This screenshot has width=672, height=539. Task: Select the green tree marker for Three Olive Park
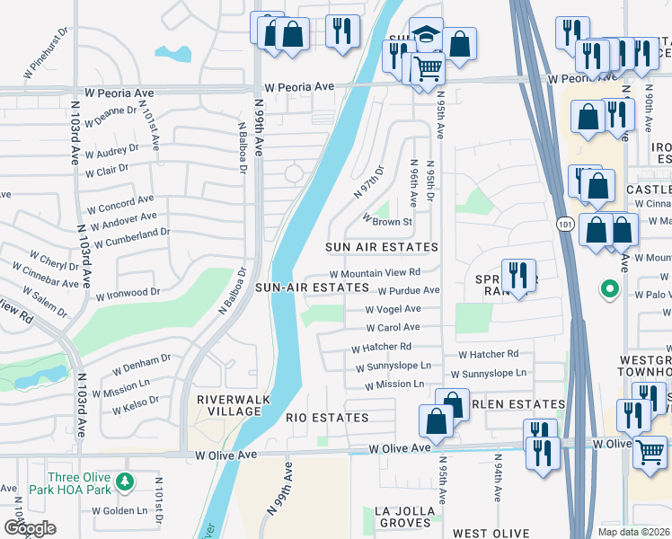point(130,478)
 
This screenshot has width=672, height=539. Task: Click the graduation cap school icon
point(426,35)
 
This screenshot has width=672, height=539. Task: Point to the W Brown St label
point(386,220)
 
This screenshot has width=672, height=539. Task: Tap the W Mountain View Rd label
point(375,273)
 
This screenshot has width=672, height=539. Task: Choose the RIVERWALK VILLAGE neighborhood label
point(228,405)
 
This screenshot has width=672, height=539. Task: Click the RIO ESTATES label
point(327,418)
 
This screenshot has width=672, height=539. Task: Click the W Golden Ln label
point(118,510)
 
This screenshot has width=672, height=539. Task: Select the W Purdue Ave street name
point(408,291)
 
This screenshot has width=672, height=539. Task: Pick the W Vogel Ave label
point(393,309)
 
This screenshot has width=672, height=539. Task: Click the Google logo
point(30,527)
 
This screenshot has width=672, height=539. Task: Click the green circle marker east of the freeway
point(609,289)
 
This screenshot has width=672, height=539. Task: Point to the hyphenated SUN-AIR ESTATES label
point(312,287)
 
